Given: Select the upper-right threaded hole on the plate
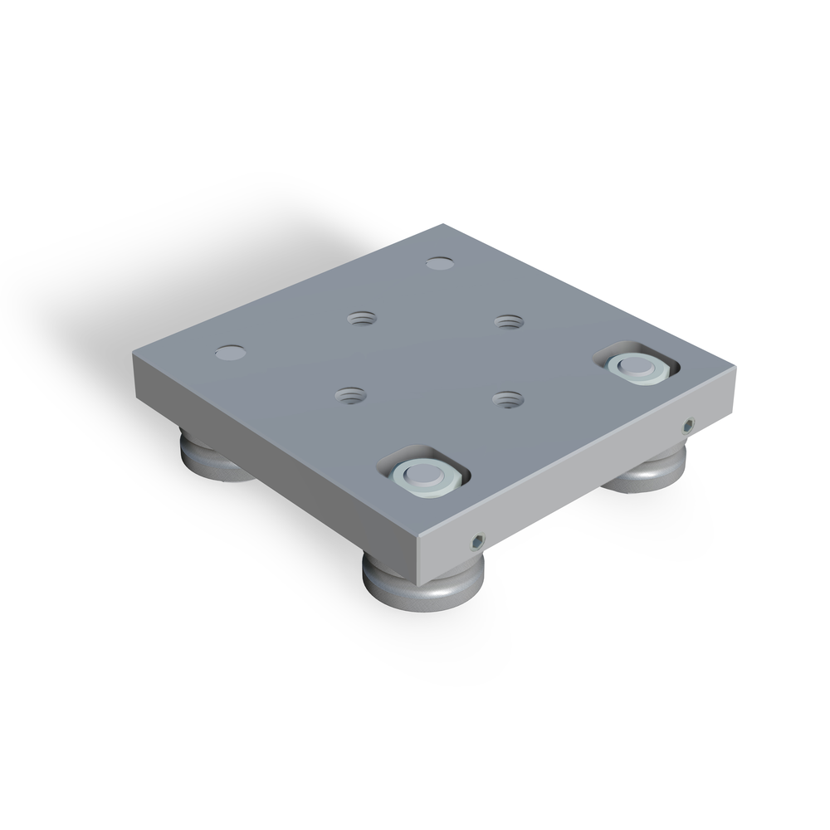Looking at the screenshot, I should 509,320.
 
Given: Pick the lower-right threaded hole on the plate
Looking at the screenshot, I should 507,400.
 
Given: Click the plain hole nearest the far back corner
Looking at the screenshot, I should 440,264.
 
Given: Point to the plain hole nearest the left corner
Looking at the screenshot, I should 230,353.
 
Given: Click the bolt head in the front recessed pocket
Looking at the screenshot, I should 424,473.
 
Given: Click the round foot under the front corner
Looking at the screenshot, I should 422,589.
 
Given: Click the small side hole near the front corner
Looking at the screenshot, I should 476,541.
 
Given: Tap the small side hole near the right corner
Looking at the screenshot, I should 688,426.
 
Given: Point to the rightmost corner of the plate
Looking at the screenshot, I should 735,367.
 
